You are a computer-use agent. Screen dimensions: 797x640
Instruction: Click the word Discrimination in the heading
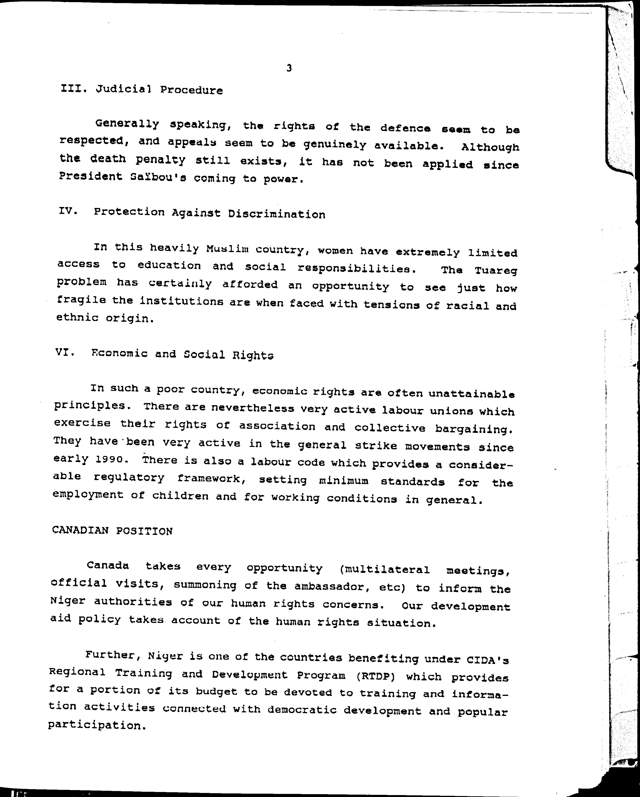click(276, 214)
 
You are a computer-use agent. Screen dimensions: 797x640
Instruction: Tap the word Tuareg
click(496, 271)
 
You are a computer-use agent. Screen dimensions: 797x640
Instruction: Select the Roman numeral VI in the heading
click(65, 352)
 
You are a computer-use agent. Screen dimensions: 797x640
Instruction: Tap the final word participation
click(95, 725)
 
